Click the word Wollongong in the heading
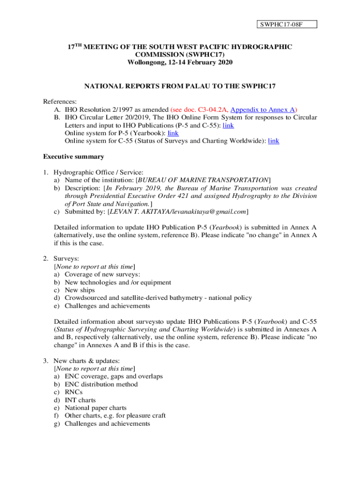point(145,62)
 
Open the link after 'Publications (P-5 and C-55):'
point(228,125)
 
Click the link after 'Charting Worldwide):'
point(274,141)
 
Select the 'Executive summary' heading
point(73,157)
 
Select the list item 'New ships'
point(79,290)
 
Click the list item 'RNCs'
point(73,392)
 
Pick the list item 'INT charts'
point(80,400)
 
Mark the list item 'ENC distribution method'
point(101,385)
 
